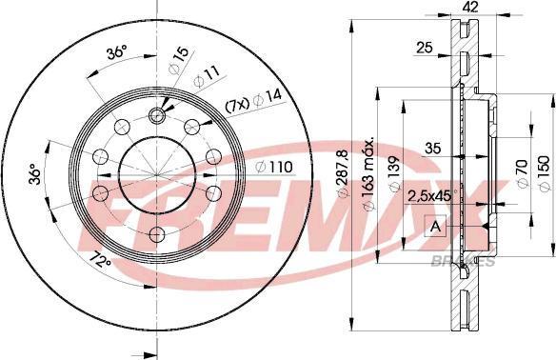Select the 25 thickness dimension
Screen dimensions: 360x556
425,46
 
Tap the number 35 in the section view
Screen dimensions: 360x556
432,148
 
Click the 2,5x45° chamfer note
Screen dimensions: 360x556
430,196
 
